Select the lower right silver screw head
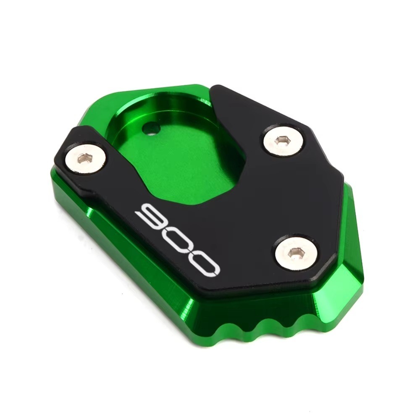[x=297, y=253]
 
